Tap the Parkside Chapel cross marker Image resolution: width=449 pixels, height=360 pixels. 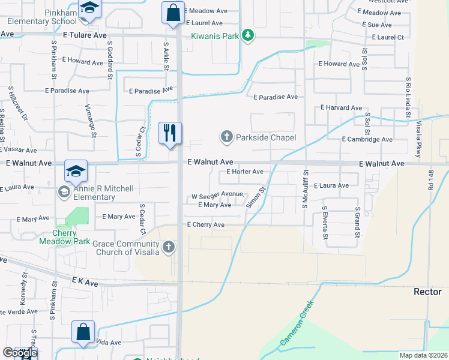(x=227, y=137)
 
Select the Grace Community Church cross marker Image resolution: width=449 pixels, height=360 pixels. (x=169, y=247)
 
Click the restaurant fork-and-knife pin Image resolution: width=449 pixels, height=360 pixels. (x=170, y=133)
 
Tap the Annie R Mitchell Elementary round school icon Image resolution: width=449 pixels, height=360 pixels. (x=64, y=192)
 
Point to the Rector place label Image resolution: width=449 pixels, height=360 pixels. (x=427, y=292)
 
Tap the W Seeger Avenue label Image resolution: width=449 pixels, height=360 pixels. (x=218, y=195)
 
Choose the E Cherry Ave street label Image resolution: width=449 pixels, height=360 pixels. (x=205, y=224)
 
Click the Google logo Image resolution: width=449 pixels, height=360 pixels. (x=20, y=352)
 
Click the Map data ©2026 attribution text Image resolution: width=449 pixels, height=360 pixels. (x=423, y=355)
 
